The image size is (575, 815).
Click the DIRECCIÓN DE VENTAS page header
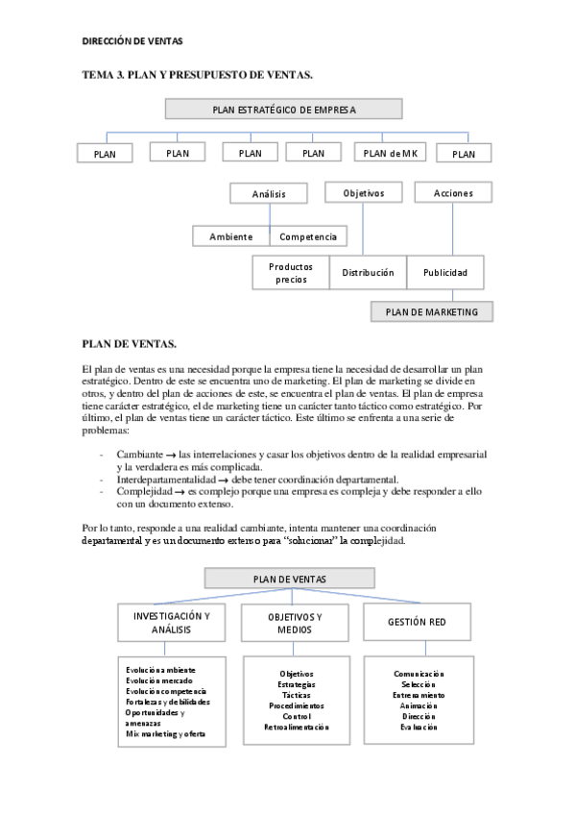[132, 41]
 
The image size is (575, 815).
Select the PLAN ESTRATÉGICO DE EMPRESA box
[283, 110]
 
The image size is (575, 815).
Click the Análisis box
[269, 194]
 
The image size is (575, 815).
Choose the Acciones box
[453, 193]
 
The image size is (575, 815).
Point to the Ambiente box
[230, 236]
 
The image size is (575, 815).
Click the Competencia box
[308, 236]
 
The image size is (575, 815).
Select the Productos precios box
[290, 273]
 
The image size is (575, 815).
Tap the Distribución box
[368, 273]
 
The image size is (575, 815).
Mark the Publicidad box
[445, 273]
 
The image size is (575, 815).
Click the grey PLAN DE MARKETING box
[431, 311]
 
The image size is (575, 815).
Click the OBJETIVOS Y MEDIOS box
[295, 622]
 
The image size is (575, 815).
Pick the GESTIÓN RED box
[418, 622]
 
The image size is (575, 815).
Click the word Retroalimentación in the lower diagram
[296, 728]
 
